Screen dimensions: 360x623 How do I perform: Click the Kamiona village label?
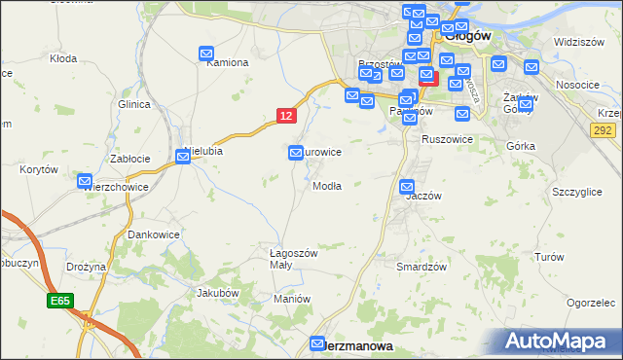[227, 62]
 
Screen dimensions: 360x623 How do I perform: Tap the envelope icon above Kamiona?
[207, 54]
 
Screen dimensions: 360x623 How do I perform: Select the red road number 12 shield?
[285, 116]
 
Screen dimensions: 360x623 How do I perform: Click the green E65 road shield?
[58, 303]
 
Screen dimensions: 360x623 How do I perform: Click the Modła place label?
[326, 186]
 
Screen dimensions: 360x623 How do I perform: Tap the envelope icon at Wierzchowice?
[86, 182]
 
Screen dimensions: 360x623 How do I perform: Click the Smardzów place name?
[421, 266]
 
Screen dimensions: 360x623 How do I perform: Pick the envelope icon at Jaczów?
[408, 186]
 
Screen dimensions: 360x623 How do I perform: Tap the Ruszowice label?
[447, 139]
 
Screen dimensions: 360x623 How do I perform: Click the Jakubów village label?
[217, 292]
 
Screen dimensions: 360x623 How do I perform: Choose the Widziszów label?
[580, 43]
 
